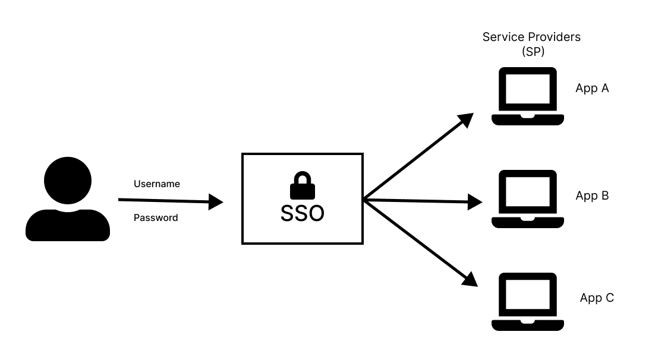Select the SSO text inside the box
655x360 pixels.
(x=302, y=213)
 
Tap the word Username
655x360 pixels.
(x=156, y=184)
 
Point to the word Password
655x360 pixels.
(x=155, y=218)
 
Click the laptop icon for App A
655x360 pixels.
(x=527, y=96)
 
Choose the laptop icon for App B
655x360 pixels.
(x=527, y=200)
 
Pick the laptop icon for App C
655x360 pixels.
(x=527, y=302)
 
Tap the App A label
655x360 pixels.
(x=592, y=89)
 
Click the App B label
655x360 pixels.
(x=592, y=195)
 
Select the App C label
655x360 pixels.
(x=597, y=298)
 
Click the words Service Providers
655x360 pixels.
(x=531, y=37)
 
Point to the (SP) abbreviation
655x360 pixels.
(x=533, y=52)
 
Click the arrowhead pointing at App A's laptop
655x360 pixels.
(x=466, y=119)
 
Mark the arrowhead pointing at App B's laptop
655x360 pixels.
(x=474, y=202)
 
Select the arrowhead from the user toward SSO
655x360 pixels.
(x=215, y=203)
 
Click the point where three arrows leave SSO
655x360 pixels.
(x=364, y=200)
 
